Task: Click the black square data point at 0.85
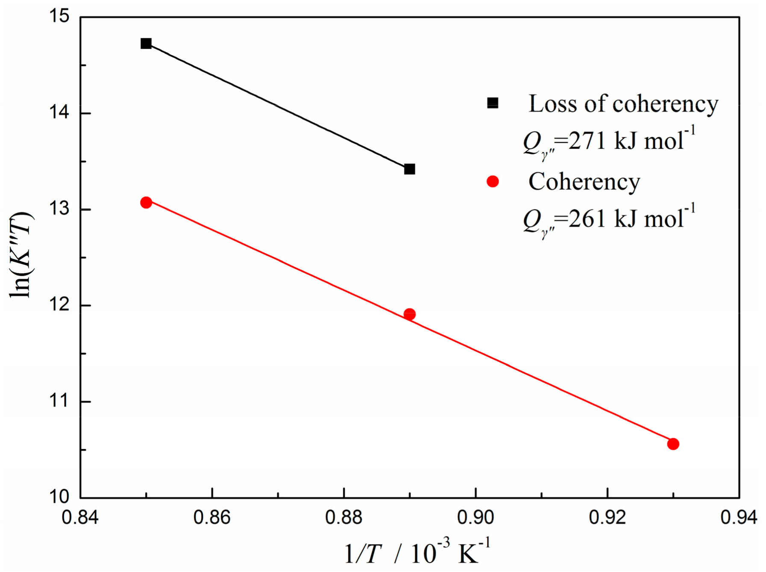coord(146,44)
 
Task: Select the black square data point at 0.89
coord(409,169)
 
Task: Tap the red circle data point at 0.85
coord(146,203)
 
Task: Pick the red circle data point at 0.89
coord(409,315)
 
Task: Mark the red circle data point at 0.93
coord(673,444)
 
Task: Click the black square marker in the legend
coord(493,103)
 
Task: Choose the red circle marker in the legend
coord(493,182)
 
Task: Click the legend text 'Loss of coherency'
coord(623,104)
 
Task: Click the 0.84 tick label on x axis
coord(80,518)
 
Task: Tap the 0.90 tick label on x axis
coord(475,518)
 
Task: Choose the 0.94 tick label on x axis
coord(739,518)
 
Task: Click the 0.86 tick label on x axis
coord(212,518)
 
